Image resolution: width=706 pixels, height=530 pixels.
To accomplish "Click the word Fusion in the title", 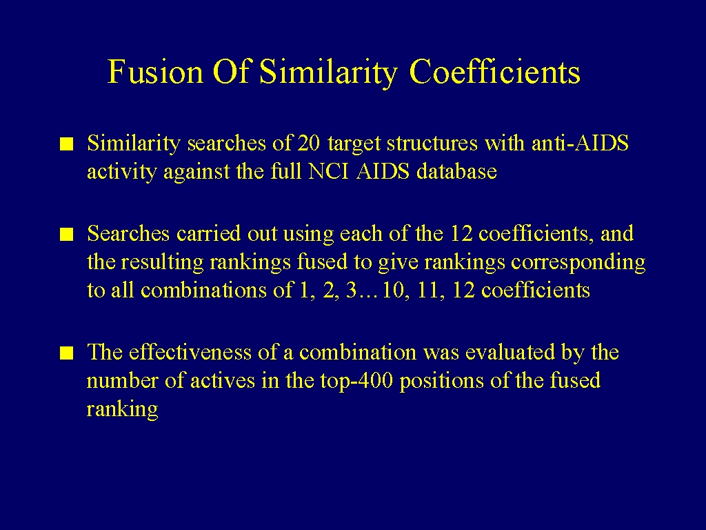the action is tap(155, 71).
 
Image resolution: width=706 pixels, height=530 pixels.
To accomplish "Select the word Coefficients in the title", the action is tap(495, 71).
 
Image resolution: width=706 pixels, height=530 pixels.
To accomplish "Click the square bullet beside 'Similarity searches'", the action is tap(67, 144).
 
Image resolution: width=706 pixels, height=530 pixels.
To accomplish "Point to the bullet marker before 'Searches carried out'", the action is tap(67, 235).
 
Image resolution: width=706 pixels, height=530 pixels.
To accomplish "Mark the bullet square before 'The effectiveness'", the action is tap(67, 353).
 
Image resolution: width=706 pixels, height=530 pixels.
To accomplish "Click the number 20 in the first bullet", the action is tap(309, 144).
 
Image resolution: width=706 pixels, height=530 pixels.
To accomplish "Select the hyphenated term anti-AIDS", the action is tap(580, 144).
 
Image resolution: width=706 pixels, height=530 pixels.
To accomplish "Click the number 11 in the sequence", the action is tap(428, 291).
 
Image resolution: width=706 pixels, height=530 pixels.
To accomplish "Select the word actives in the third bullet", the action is tap(223, 381).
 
